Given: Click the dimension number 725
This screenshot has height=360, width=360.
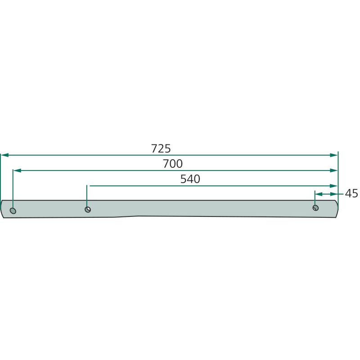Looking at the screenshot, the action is pyautogui.click(x=161, y=148).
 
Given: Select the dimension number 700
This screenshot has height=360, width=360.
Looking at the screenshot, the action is pyautogui.click(x=173, y=164).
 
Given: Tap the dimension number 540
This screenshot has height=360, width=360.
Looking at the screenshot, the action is pyautogui.click(x=190, y=179).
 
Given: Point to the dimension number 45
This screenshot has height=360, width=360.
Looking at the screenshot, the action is pyautogui.click(x=351, y=193).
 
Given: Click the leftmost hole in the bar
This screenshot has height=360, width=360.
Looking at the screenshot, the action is pyautogui.click(x=13, y=211).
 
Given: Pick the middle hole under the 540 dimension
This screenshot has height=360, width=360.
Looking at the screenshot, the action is pyautogui.click(x=88, y=209).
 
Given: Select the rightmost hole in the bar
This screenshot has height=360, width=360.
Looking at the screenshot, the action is pyautogui.click(x=316, y=208).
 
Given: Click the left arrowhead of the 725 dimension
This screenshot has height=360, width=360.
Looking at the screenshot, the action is pyautogui.click(x=5, y=155).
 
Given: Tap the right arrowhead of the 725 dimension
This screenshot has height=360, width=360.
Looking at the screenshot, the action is pyautogui.click(x=333, y=155).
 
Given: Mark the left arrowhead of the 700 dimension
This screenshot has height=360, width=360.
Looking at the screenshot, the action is pyautogui.click(x=18, y=171).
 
